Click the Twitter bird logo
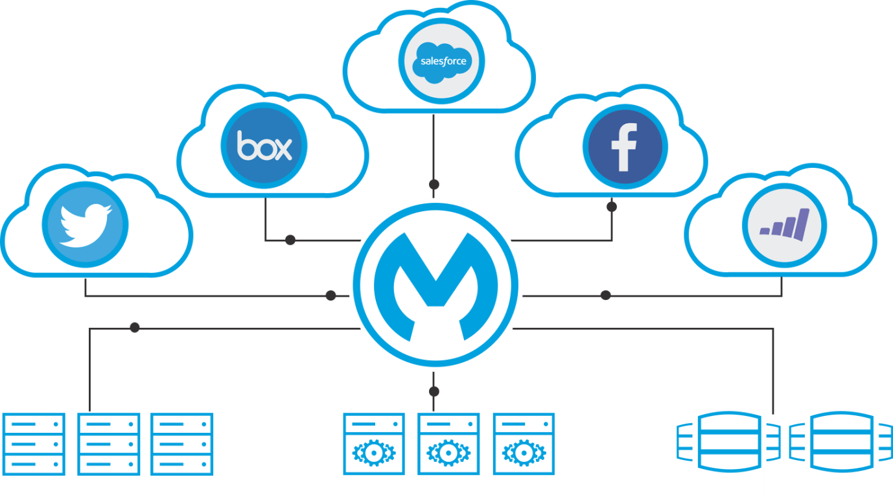point(85,225)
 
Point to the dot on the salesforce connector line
point(434,183)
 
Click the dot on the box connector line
point(290,240)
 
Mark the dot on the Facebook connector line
point(611,207)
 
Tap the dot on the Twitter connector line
point(331,296)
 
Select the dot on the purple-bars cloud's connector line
point(605,295)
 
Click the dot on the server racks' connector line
point(135,328)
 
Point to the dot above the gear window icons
point(434,391)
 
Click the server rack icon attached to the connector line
point(108,444)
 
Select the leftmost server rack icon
point(34,444)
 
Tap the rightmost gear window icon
point(523,444)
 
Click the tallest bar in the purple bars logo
point(804,222)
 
